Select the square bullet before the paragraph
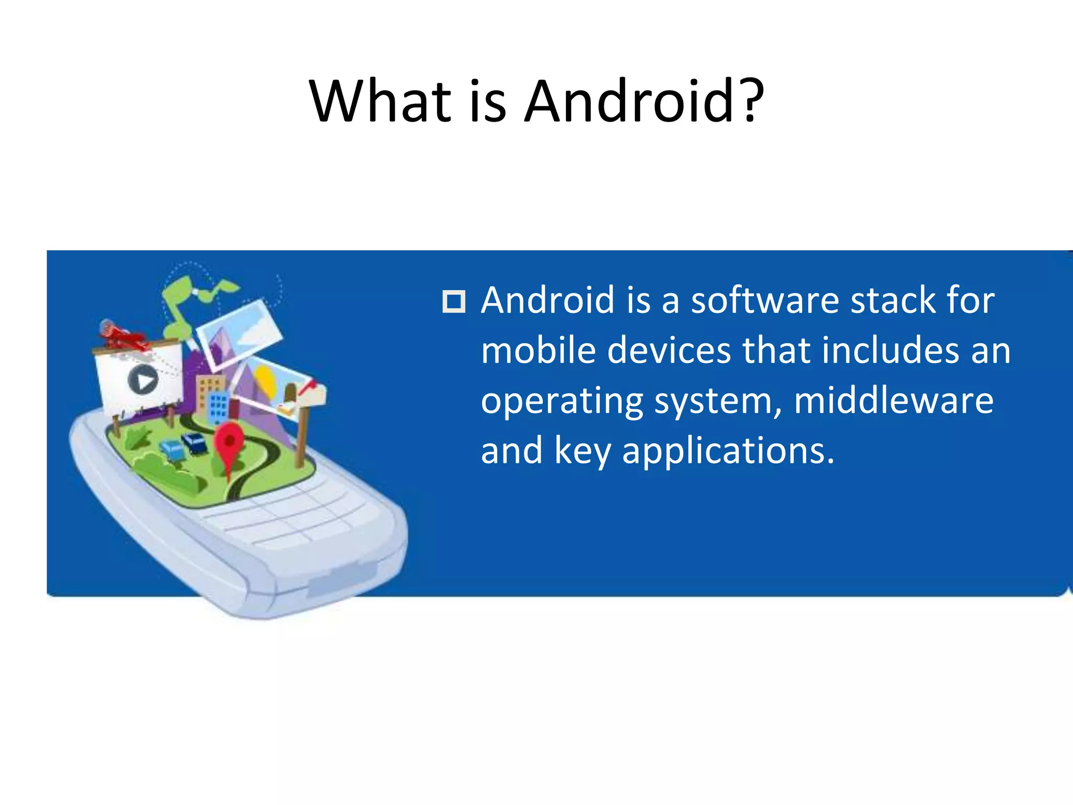coord(453,301)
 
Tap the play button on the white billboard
coord(143,380)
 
